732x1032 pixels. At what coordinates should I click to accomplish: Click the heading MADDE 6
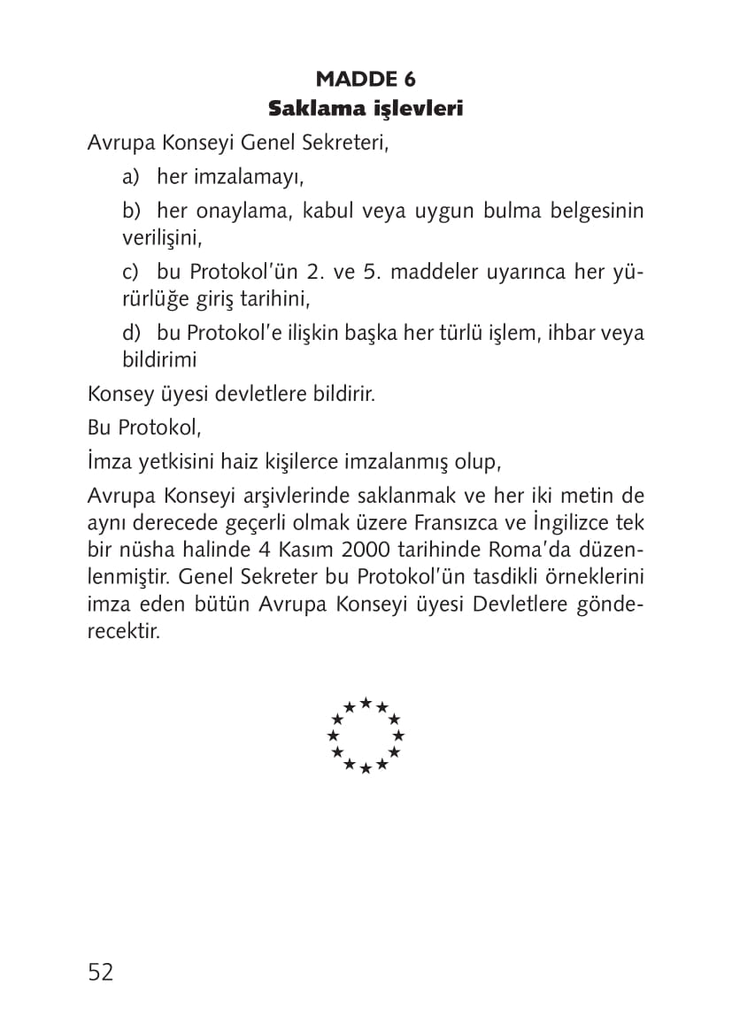tap(366, 80)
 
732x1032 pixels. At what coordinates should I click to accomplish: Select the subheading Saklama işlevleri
tap(366, 110)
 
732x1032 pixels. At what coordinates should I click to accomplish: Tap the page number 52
tap(101, 972)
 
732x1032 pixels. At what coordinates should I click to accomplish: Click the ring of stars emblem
tap(366, 735)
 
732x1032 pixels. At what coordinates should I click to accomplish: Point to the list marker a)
tap(132, 177)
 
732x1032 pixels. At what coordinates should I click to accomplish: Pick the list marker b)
tap(132, 212)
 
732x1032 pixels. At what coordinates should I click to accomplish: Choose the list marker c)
tap(132, 272)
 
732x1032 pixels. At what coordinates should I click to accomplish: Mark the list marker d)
tap(132, 333)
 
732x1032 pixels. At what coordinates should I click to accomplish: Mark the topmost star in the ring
tap(366, 703)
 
